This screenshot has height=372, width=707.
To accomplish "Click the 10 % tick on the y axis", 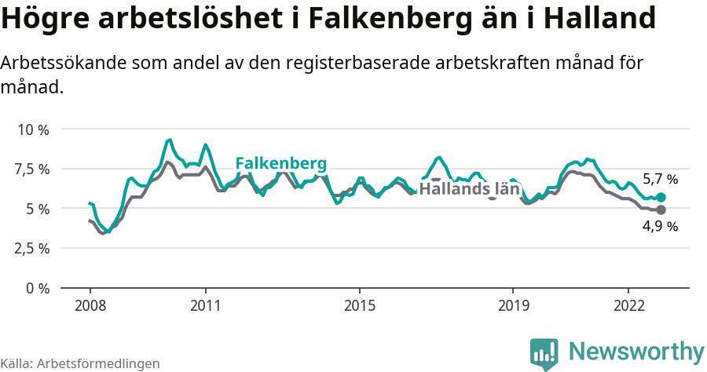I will click(33, 129).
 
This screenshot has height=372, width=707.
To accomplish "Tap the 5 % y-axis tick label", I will click(38, 209).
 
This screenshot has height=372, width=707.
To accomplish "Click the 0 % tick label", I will click(38, 288).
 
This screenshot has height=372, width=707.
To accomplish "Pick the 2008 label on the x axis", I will click(90, 305).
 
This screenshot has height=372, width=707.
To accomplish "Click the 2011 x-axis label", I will click(205, 305).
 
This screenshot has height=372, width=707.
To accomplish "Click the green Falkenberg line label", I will click(280, 163).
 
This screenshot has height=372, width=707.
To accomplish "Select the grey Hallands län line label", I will click(469, 188).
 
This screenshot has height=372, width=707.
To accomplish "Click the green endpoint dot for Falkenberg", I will click(661, 197).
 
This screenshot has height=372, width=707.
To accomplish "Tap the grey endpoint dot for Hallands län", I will click(661, 210).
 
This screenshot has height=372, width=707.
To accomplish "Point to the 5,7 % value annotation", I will click(660, 179).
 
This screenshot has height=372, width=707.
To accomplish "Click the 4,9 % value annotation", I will click(660, 227).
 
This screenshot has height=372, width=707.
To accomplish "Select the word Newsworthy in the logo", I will click(636, 351).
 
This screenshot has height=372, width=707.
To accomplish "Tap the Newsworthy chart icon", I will click(544, 354).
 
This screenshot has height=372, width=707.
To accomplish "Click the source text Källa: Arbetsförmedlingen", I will click(80, 363).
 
